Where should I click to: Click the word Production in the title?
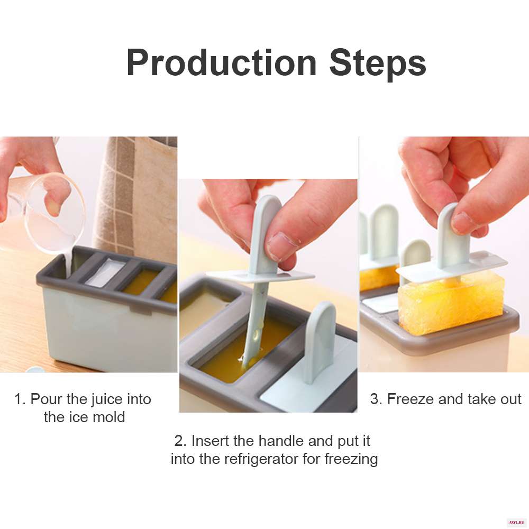click(x=222, y=63)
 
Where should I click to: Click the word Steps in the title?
click(x=378, y=64)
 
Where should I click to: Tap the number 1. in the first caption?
click(x=20, y=399)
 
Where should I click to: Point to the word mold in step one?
click(x=108, y=417)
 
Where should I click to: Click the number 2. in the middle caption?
click(x=180, y=441)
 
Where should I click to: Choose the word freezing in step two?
click(x=351, y=459)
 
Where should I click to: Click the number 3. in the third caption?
click(x=376, y=399)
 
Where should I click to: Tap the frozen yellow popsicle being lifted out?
click(x=451, y=303)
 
